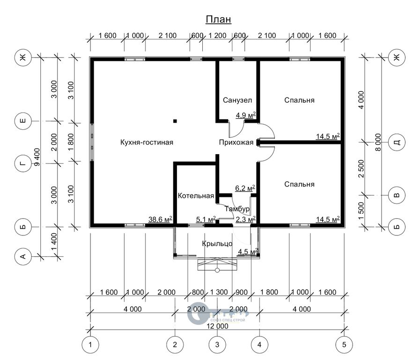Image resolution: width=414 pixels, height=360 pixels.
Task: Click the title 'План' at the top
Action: [x=218, y=19]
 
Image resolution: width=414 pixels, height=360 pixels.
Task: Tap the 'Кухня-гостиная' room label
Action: [x=147, y=142]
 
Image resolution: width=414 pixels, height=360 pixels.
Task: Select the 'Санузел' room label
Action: [x=237, y=100]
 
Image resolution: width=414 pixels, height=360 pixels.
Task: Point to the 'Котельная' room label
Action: [x=196, y=195]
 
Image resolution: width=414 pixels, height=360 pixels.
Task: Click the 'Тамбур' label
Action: [x=237, y=209]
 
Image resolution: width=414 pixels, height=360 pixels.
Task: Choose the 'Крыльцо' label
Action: [x=217, y=243]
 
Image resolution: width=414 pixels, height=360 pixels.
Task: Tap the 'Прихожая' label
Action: [x=237, y=142]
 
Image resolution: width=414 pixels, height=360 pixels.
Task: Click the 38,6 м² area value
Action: [x=160, y=219]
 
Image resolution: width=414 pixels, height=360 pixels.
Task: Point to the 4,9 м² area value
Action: [x=246, y=115]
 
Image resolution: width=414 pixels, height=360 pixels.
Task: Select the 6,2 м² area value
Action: [x=245, y=188]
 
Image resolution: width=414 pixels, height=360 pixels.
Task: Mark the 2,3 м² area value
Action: [x=245, y=219]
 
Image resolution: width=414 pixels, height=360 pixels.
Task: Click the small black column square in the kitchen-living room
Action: [x=175, y=121]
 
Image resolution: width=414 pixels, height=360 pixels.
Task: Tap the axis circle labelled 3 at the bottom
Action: [x=217, y=345]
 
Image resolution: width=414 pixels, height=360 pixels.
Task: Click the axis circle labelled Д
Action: [x=397, y=142]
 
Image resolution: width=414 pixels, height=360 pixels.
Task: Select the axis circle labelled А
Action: [x=23, y=256]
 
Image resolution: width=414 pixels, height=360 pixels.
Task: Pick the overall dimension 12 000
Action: [x=217, y=326]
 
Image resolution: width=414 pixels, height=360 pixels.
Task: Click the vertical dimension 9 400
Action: [x=37, y=157]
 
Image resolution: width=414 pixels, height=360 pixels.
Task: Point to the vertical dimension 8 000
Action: [x=378, y=142]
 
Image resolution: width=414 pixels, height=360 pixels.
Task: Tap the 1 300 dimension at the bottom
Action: [x=219, y=292]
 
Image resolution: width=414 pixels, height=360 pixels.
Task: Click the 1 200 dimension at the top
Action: [x=218, y=36]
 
